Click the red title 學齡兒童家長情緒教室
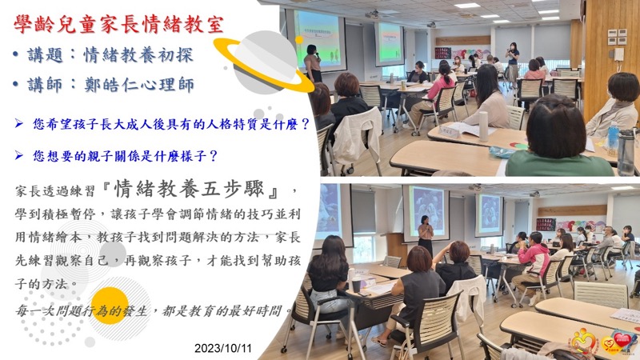[x=118, y=24]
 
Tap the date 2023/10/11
[x=223, y=348]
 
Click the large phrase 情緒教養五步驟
[x=188, y=189]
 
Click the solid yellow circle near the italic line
[x=110, y=306]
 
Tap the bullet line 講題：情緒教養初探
[x=103, y=55]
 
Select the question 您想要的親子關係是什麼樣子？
[x=126, y=156]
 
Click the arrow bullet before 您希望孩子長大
[x=18, y=123]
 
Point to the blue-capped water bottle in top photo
[x=612, y=138]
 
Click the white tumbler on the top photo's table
[x=483, y=126]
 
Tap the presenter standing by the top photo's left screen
[x=312, y=63]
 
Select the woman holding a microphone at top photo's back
[x=512, y=63]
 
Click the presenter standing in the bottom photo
[x=426, y=236]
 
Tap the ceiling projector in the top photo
[x=371, y=14]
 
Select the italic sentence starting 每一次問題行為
[x=153, y=311]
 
